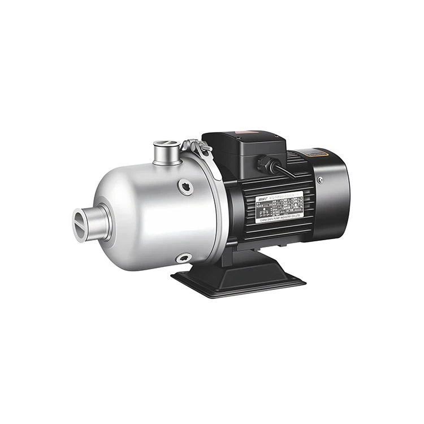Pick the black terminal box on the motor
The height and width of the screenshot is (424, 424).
point(244,150)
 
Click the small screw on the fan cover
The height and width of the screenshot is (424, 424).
point(321,180)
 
